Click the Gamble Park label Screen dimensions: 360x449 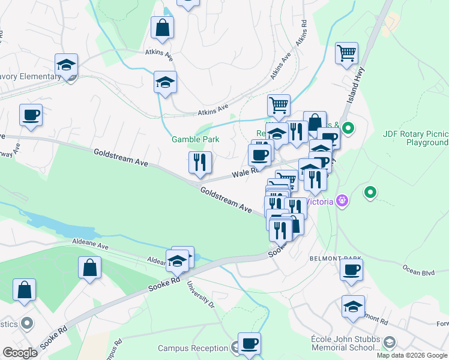(x=195, y=139)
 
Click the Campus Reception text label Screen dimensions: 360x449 (x=193, y=348)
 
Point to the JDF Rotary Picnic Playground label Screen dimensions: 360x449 (x=415, y=138)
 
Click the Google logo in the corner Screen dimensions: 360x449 (x=20, y=352)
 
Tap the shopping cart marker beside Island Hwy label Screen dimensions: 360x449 (x=347, y=53)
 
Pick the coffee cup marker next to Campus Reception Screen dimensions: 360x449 (x=249, y=344)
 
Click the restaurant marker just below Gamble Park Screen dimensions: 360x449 (x=200, y=163)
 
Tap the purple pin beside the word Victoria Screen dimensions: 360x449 (x=342, y=200)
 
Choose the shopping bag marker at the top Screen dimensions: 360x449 (x=162, y=27)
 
